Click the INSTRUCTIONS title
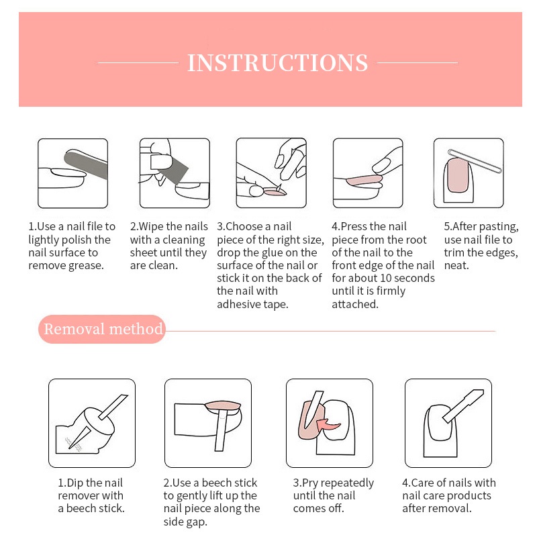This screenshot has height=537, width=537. click(277, 62)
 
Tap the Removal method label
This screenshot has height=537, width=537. click(103, 329)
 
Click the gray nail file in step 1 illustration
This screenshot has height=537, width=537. click(87, 164)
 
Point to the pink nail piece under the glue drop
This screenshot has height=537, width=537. click(275, 193)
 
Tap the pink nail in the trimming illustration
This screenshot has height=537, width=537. click(458, 175)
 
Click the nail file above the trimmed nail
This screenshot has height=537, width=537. click(475, 161)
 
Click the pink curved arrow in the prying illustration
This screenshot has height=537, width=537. click(328, 425)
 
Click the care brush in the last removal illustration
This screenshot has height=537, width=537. click(463, 405)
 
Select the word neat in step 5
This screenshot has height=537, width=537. click(456, 265)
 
